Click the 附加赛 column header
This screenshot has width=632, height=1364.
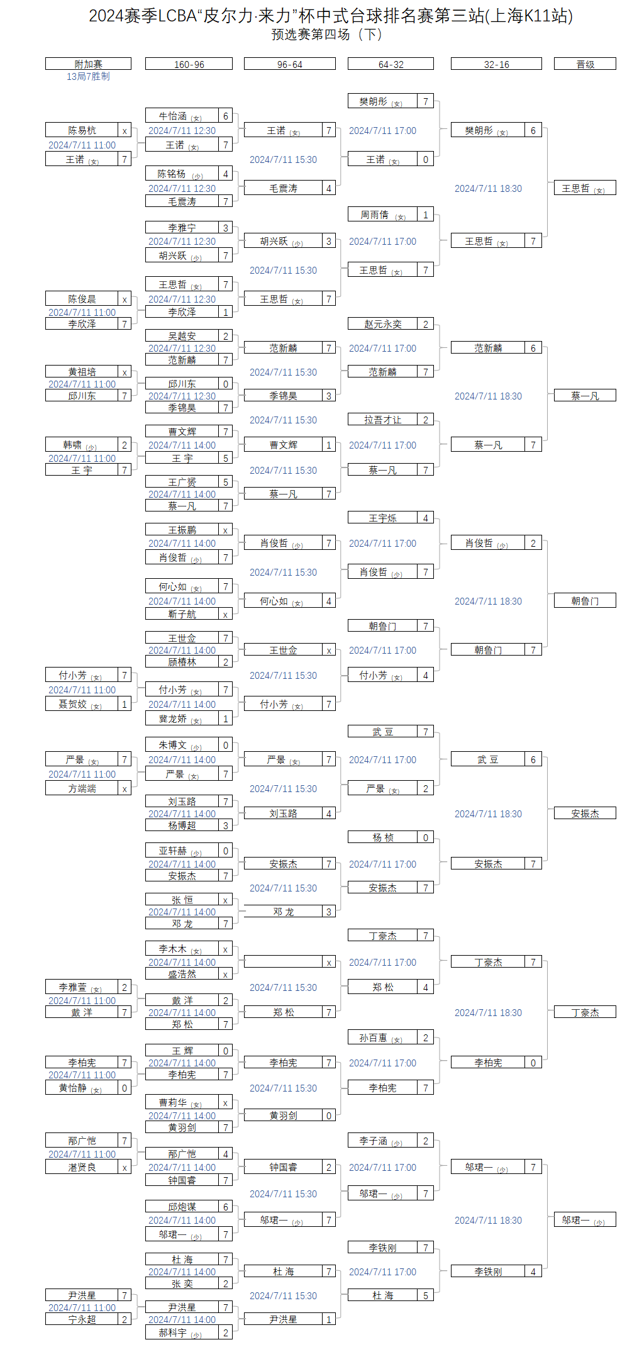[88, 64]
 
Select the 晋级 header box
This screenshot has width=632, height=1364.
[585, 64]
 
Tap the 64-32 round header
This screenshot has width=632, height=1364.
[391, 64]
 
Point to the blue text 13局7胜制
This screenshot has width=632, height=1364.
[88, 76]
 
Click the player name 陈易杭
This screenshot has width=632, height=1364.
[82, 131]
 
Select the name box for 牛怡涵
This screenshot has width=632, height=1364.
[182, 116]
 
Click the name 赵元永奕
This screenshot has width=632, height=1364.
[382, 324]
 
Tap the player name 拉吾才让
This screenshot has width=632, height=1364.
[382, 420]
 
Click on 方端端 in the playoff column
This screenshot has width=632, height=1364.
[82, 788]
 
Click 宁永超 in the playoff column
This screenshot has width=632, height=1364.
[82, 1319]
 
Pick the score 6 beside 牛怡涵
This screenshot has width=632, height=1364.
[226, 116]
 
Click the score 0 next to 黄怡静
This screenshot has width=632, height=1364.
[125, 1088]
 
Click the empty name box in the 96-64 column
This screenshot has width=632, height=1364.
[283, 962]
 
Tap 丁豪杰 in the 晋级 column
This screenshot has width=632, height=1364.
[585, 1012]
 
